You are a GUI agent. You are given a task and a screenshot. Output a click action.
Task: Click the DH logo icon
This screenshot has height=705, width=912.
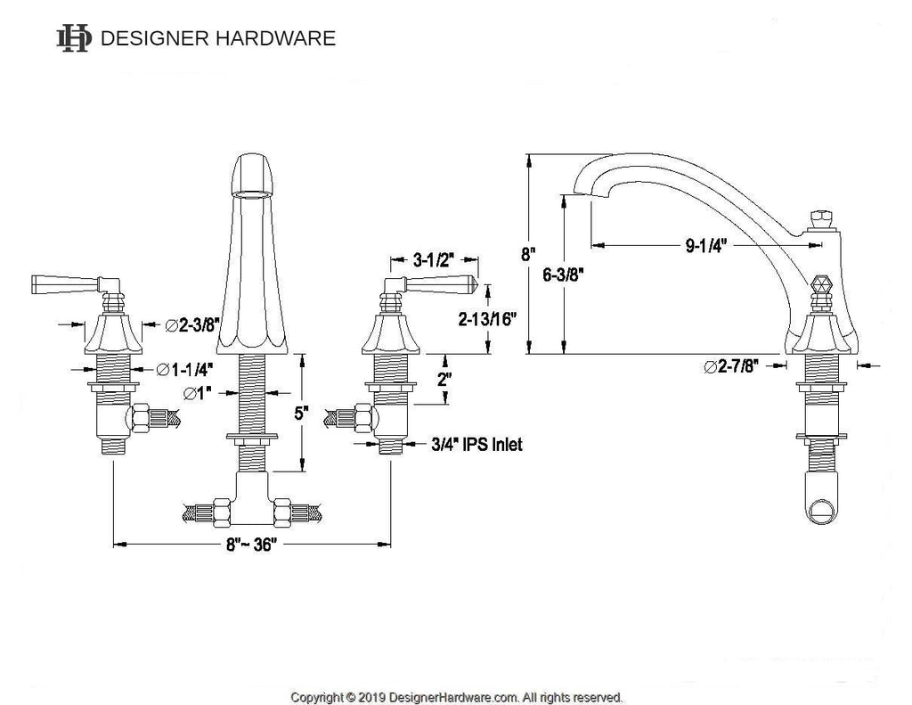pyautogui.click(x=74, y=38)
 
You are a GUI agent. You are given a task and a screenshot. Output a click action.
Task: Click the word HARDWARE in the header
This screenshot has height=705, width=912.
pyautogui.click(x=275, y=38)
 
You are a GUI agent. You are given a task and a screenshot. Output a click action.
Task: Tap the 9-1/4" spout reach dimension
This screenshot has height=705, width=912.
pyautogui.click(x=706, y=246)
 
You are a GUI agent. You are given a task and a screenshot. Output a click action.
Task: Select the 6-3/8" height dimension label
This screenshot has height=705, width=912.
pyautogui.click(x=563, y=275)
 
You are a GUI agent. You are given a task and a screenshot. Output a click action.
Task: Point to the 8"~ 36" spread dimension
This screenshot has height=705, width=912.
pyautogui.click(x=251, y=545)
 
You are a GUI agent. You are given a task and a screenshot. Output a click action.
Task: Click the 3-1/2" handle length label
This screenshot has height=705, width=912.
pyautogui.click(x=434, y=259)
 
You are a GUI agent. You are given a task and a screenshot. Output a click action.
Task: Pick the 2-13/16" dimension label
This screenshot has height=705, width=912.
pyautogui.click(x=487, y=319)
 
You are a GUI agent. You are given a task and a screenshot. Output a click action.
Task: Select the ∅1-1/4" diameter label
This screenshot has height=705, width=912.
pyautogui.click(x=183, y=369)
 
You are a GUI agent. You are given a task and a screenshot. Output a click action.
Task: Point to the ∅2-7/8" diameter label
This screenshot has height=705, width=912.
pyautogui.click(x=731, y=366)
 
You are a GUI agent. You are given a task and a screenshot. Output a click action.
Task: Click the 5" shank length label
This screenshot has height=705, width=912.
pyautogui.click(x=301, y=414)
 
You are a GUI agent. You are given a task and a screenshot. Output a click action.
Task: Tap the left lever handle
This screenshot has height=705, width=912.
pyautogui.click(x=76, y=284)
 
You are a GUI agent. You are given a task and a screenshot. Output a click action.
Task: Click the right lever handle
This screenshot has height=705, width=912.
pyautogui.click(x=430, y=284)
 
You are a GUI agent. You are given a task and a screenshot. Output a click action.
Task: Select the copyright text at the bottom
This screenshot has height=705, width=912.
pyautogui.click(x=457, y=697)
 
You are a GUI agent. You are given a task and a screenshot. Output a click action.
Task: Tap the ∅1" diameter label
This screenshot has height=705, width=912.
pyautogui.click(x=197, y=394)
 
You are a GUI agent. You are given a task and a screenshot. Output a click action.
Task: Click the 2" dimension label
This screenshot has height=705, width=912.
pyautogui.click(x=445, y=380)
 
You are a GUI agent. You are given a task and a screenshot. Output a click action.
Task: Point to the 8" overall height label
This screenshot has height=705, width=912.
pyautogui.click(x=527, y=254)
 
